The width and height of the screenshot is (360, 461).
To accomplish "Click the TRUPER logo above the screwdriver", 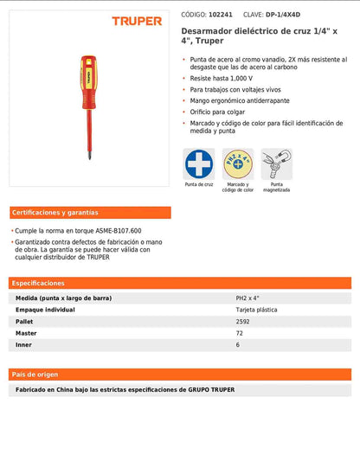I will (137, 21).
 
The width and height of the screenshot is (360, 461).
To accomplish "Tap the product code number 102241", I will (221, 15).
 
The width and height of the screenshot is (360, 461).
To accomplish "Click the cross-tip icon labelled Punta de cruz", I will (199, 163).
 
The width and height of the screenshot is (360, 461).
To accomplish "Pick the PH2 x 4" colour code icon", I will (238, 163).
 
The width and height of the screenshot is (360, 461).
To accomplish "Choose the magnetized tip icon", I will (276, 163).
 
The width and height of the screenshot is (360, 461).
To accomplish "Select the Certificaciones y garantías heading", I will (55, 212).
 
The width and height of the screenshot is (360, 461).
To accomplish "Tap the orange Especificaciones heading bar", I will (180, 283).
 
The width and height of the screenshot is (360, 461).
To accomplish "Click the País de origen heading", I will (35, 375).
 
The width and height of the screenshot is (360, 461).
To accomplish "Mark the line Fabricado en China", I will (125, 390).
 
